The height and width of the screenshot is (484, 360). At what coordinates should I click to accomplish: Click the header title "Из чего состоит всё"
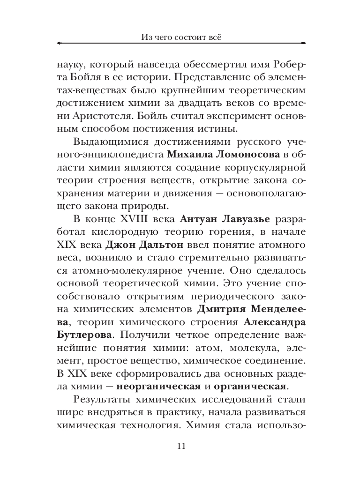coord(180,36)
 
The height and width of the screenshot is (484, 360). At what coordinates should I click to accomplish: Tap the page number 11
coord(180,445)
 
